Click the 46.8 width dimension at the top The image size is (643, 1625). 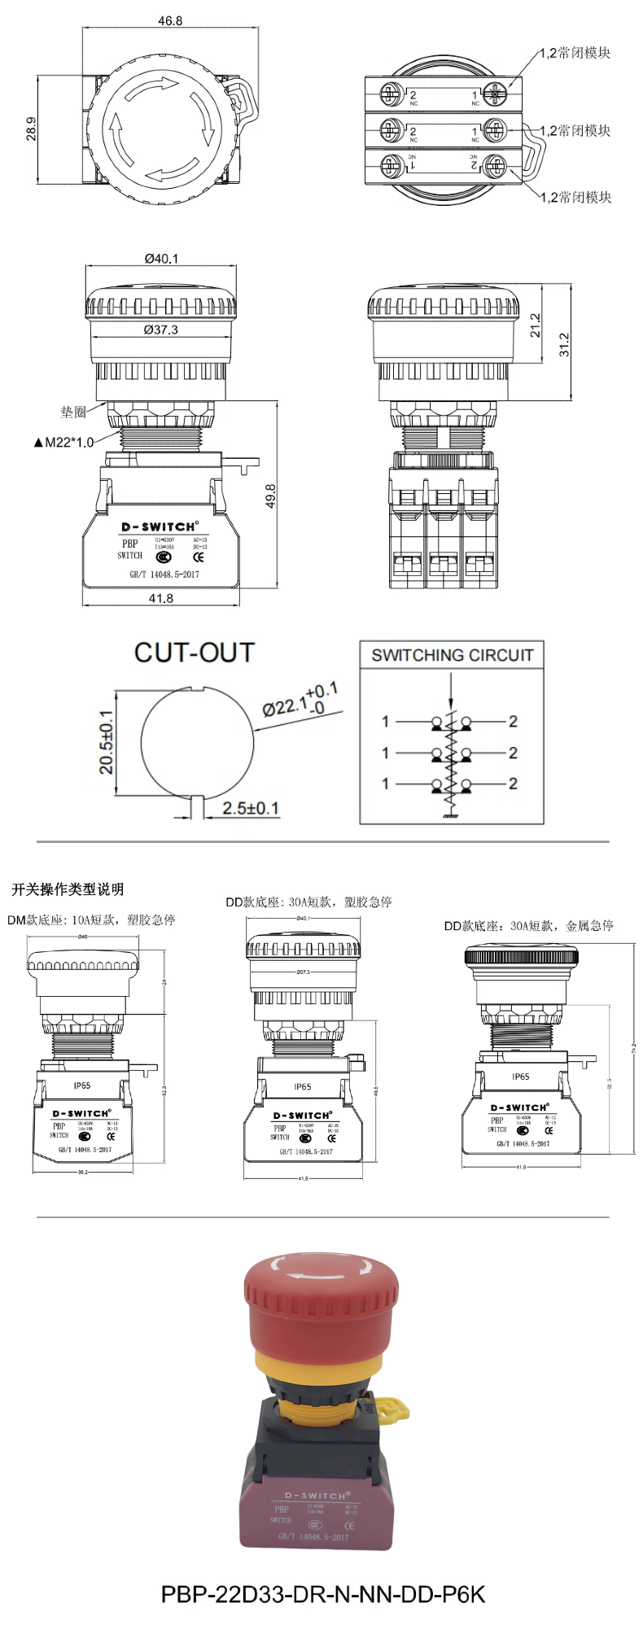170,20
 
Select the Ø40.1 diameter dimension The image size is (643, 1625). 161,259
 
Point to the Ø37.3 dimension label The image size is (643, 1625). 160,330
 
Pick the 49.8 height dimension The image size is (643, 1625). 270,496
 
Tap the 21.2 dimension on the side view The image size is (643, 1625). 535,326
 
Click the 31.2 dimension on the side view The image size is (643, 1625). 564,344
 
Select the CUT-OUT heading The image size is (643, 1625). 195,653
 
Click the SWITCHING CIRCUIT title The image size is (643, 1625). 452,655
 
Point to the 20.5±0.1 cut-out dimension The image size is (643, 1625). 106,742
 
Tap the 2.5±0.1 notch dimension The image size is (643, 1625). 251,808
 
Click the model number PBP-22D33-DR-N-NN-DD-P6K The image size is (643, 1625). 322,1593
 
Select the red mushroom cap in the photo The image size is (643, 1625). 321,1294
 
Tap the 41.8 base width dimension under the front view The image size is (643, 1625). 161,598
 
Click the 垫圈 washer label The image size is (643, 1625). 73,413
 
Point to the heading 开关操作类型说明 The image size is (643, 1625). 68,889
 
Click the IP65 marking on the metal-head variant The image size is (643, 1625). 520,1077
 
